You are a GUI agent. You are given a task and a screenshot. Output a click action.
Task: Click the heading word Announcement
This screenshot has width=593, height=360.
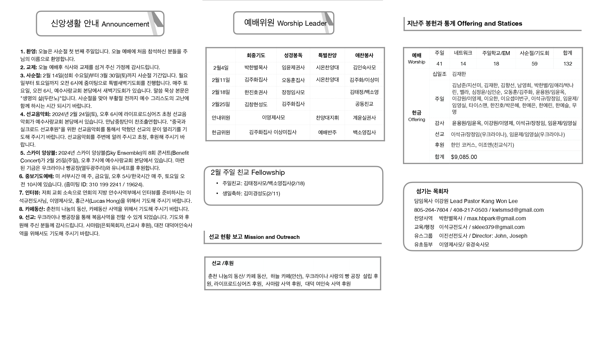point(125,24)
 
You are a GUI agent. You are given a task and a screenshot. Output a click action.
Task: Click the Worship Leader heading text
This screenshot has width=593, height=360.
point(302,23)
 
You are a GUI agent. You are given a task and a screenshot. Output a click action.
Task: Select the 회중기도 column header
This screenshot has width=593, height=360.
point(256,55)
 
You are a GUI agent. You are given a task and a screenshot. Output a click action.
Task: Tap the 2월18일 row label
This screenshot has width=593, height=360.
point(221,92)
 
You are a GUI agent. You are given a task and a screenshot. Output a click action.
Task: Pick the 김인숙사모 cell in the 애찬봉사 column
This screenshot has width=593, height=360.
point(364,67)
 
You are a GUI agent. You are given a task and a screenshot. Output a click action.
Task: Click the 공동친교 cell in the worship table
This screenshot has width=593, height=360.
point(364,104)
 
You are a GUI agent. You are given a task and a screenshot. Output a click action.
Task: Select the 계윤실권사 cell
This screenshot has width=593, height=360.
point(364,118)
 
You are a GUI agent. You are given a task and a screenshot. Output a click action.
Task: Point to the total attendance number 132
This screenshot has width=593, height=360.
point(568,64)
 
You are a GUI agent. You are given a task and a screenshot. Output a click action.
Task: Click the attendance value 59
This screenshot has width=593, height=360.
point(534,64)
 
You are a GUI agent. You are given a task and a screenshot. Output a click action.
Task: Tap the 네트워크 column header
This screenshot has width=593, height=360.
point(463,53)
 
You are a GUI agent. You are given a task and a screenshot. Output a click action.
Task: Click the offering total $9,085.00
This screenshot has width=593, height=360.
point(464,157)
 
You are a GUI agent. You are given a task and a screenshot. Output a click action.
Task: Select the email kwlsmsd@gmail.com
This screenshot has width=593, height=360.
point(518,210)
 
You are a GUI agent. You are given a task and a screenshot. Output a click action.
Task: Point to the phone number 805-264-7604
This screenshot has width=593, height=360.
point(431,210)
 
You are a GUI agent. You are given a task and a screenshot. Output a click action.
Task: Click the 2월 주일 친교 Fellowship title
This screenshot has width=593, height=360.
point(248,173)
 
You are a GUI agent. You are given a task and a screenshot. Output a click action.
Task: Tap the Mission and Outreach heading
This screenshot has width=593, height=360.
point(272,237)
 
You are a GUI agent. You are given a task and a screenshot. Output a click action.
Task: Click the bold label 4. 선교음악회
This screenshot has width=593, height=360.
point(35,114)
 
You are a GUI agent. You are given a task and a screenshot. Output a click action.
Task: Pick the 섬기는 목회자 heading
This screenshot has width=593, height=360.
point(432,191)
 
